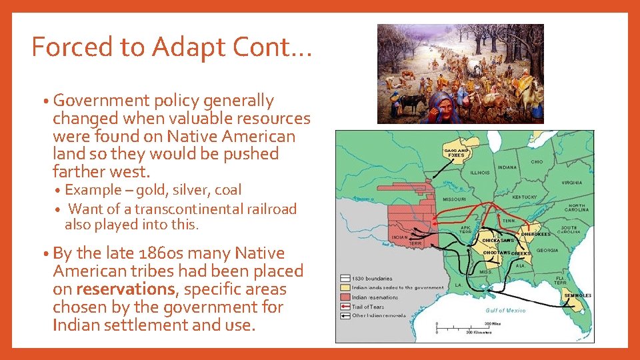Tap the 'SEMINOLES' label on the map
[x=577, y=295]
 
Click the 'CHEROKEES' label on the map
[x=536, y=235]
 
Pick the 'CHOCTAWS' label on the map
[x=496, y=253]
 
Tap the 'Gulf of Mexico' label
[x=506, y=311]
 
